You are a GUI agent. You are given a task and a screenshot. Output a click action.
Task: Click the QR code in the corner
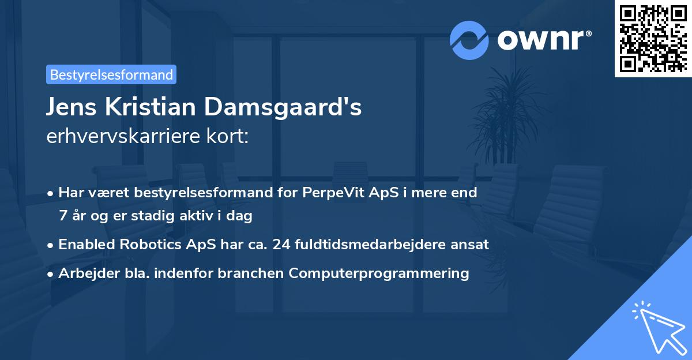(653, 39)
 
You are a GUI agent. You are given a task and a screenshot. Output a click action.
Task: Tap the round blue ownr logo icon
(469, 40)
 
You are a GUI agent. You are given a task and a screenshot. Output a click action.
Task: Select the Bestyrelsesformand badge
(111, 74)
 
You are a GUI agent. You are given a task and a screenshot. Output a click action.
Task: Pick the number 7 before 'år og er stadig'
(62, 216)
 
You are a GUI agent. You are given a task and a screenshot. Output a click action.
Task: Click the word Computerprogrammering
(379, 273)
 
